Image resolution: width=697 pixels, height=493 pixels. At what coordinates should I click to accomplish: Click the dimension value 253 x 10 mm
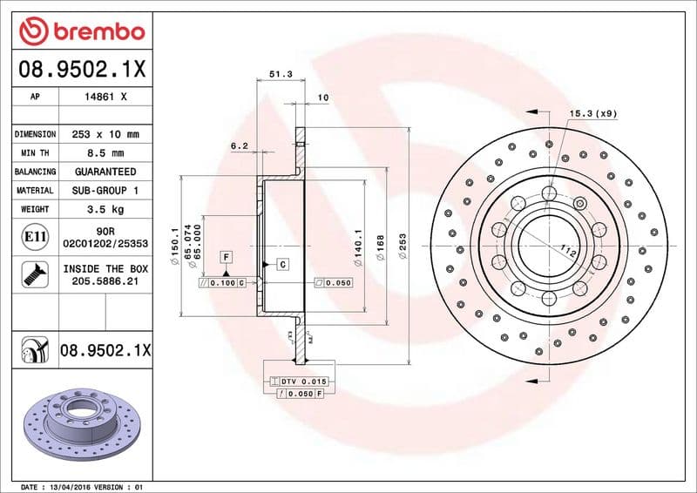(106, 134)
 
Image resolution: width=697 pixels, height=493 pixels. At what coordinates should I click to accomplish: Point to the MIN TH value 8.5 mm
(106, 153)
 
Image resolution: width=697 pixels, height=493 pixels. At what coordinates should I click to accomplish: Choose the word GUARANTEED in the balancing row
(105, 172)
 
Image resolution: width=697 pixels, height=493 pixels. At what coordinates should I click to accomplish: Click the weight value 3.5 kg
(105, 209)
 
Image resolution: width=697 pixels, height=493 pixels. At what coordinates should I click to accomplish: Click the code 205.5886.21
(105, 282)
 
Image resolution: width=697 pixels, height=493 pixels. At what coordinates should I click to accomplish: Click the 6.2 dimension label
(240, 146)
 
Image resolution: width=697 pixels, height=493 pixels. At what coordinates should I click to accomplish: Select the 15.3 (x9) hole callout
(592, 113)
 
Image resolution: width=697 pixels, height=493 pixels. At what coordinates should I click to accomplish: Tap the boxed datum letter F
(226, 257)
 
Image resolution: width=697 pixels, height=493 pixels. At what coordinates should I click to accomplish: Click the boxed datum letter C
(284, 263)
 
